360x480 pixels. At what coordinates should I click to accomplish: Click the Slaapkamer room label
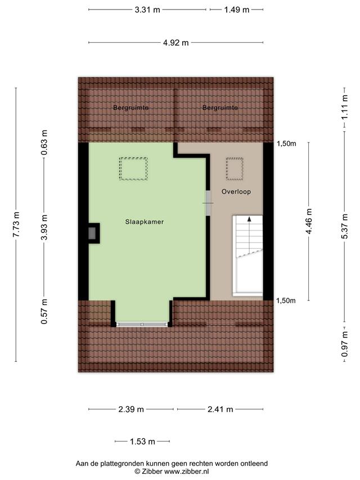coord(145,222)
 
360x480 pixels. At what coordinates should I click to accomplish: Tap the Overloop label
coord(236,192)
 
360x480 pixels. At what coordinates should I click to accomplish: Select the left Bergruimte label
coord(130,107)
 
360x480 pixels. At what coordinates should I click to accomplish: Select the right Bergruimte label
coord(220,107)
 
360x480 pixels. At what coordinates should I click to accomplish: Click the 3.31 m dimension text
coord(147,10)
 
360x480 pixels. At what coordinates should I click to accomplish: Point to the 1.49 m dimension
coord(237,10)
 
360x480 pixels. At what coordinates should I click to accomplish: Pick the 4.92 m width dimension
coord(175,43)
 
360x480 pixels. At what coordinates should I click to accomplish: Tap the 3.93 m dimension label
coord(44,227)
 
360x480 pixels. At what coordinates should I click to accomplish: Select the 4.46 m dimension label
coord(309,221)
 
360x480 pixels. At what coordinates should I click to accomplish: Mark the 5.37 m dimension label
coord(345,226)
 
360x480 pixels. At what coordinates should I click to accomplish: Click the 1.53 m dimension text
coord(142,441)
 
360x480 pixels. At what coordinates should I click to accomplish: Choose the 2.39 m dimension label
coord(131,409)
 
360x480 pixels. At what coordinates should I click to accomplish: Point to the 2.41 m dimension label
coord(220,409)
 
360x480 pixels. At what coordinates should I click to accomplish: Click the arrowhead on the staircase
coord(250,219)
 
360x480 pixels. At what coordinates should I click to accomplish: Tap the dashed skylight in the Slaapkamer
coord(133,169)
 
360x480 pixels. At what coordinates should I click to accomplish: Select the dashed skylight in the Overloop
coord(235,169)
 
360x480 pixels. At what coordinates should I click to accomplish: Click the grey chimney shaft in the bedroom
coord(92,234)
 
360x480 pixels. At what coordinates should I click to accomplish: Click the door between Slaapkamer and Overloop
coord(208,203)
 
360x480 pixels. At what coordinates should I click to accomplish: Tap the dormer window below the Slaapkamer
coord(142,325)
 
